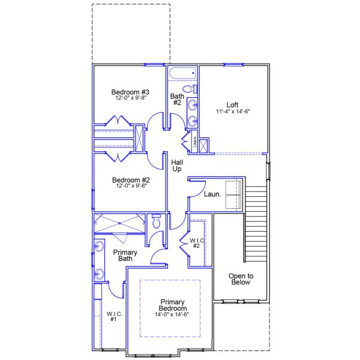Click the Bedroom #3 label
130,92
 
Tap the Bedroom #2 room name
130,180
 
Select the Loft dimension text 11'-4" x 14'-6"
232,111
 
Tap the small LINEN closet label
195,142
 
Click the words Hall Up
177,166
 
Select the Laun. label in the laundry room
212,194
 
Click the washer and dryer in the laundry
232,188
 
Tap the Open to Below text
240,279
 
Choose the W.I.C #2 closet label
197,244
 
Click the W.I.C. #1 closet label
114,316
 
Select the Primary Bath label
125,256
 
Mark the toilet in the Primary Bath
157,221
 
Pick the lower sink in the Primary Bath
98,275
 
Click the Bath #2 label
177,99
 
